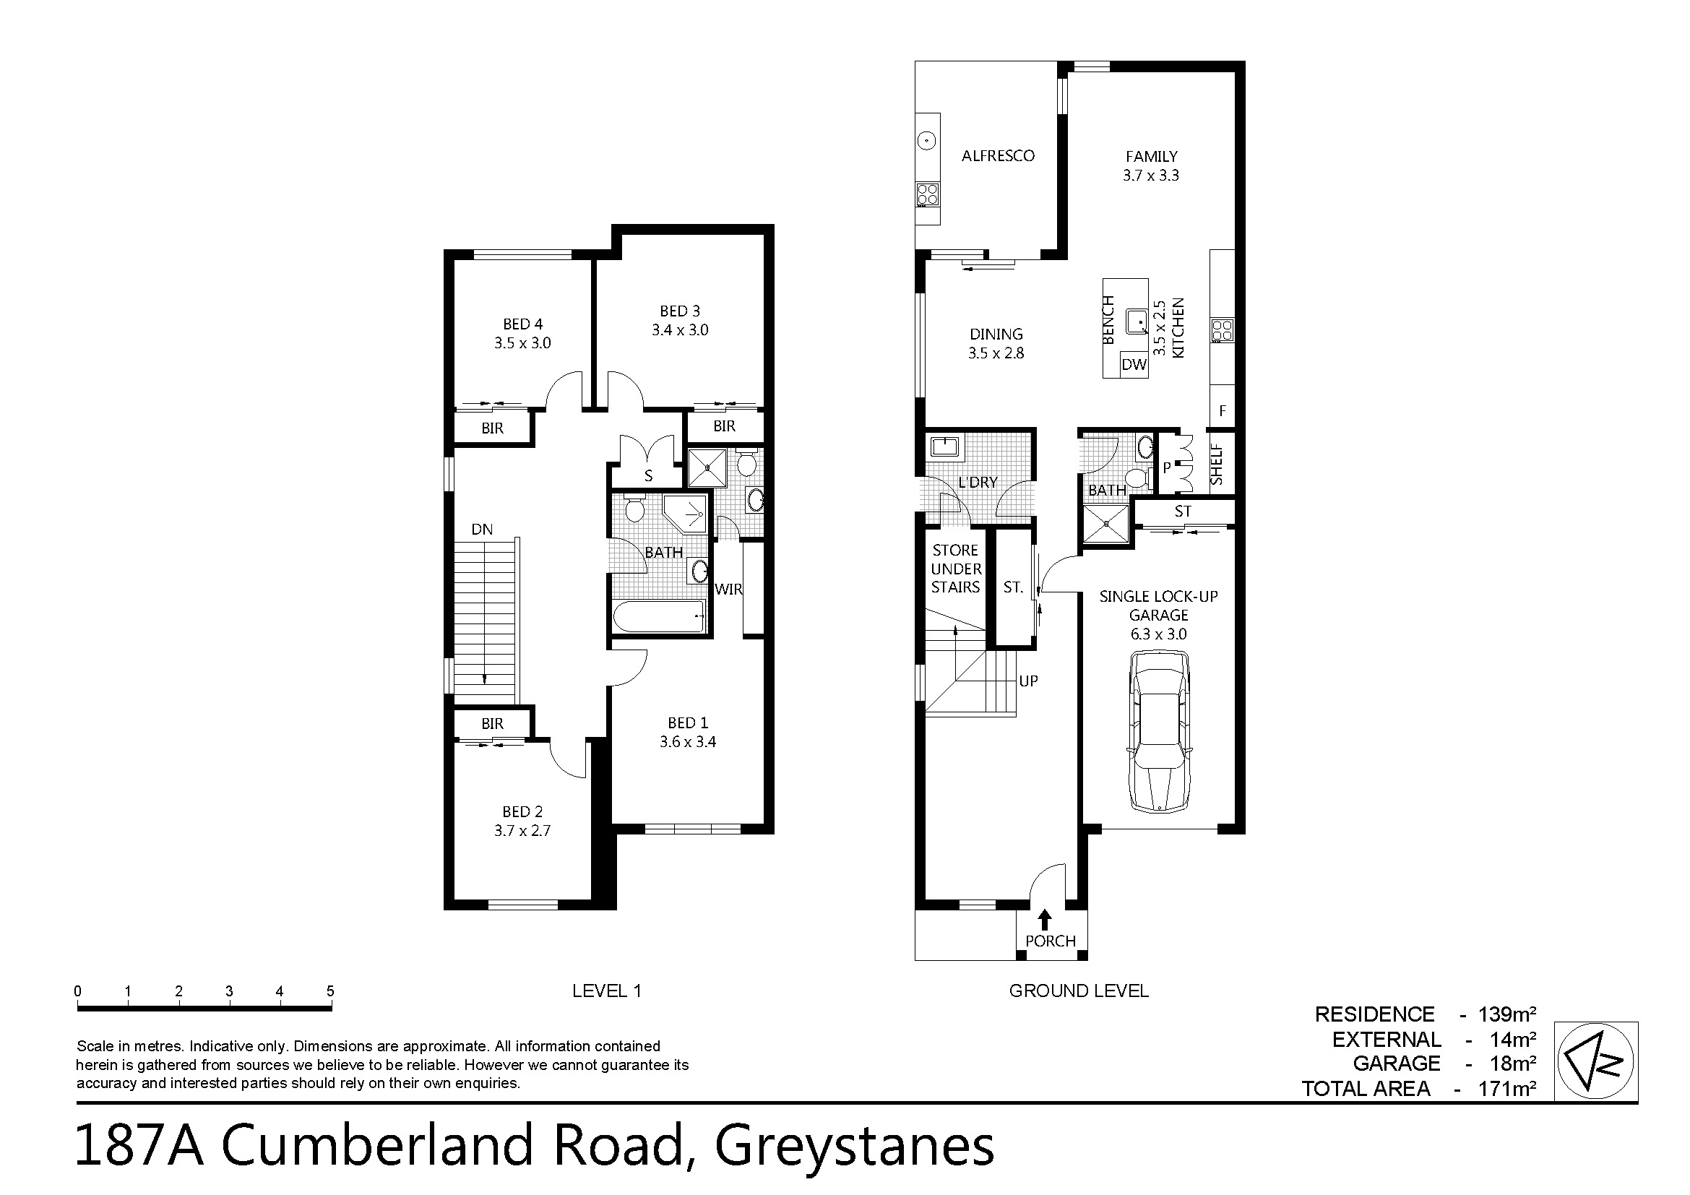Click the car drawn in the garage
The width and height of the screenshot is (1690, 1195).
coord(1158,732)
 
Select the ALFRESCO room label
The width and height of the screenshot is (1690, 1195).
coord(998,156)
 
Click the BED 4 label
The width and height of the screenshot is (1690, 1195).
coord(522,324)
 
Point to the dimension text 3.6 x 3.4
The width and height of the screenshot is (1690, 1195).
coord(687,742)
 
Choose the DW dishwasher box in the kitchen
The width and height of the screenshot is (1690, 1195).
coord(1134,364)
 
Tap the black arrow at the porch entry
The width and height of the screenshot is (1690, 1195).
coord(1044,919)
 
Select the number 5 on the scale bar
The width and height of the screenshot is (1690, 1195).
coord(330,991)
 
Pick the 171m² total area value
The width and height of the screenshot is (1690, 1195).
coord(1506,1088)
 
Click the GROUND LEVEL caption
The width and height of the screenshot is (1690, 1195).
coord(1078,991)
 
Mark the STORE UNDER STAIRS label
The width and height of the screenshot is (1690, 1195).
coord(955,568)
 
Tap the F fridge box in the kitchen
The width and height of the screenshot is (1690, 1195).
coord(1223,410)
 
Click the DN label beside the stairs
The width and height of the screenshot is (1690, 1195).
coord(482,529)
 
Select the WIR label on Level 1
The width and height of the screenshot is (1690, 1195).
coord(728,589)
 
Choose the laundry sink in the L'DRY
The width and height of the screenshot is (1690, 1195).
coord(943,446)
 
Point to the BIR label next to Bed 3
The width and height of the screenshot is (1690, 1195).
coord(724,426)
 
